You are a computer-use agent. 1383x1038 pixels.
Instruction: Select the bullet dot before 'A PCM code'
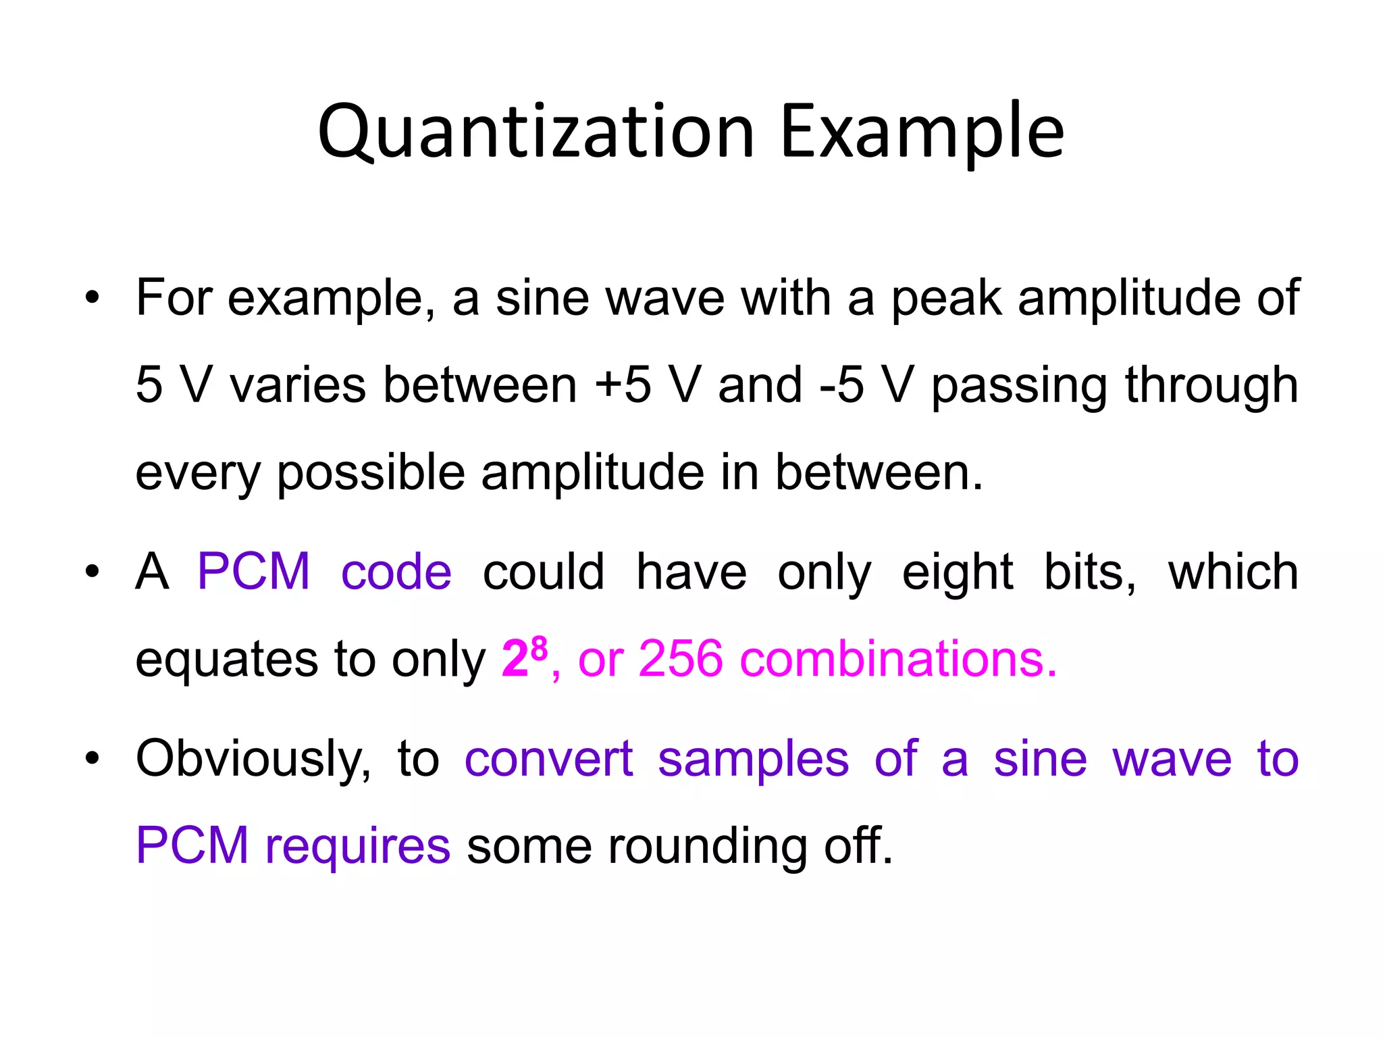pyautogui.click(x=93, y=572)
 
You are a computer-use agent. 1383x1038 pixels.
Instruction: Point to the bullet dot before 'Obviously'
pyautogui.click(x=93, y=758)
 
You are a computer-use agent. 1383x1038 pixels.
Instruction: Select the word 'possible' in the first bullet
pyautogui.click(x=371, y=473)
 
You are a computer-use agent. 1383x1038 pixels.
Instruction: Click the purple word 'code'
pyautogui.click(x=396, y=572)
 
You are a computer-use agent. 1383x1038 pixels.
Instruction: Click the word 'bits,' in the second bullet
pyautogui.click(x=1089, y=572)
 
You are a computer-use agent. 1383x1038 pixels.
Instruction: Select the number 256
pyautogui.click(x=680, y=658)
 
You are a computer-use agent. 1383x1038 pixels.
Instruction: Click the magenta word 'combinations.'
pyautogui.click(x=899, y=658)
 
